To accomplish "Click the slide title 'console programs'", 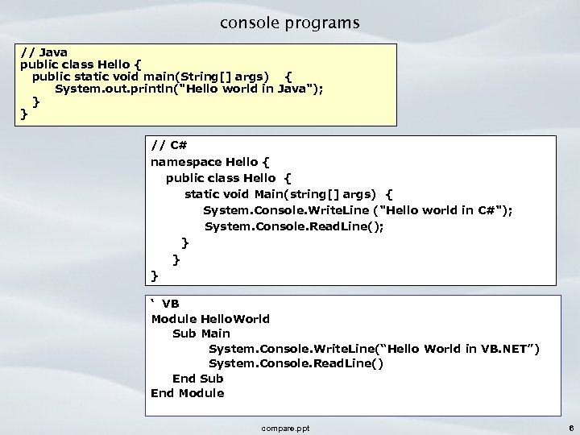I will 290,23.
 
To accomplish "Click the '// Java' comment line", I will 44,52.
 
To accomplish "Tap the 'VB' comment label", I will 170,303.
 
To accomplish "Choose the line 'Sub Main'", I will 201,333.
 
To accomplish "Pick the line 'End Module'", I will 187,393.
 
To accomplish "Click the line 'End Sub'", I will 198,378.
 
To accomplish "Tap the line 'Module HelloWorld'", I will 210,318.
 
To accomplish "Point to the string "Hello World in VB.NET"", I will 464,348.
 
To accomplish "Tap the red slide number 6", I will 570,428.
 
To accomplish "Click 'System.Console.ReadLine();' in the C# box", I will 294,226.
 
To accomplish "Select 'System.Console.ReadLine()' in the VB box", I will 296,362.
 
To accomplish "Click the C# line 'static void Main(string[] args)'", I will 288,193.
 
